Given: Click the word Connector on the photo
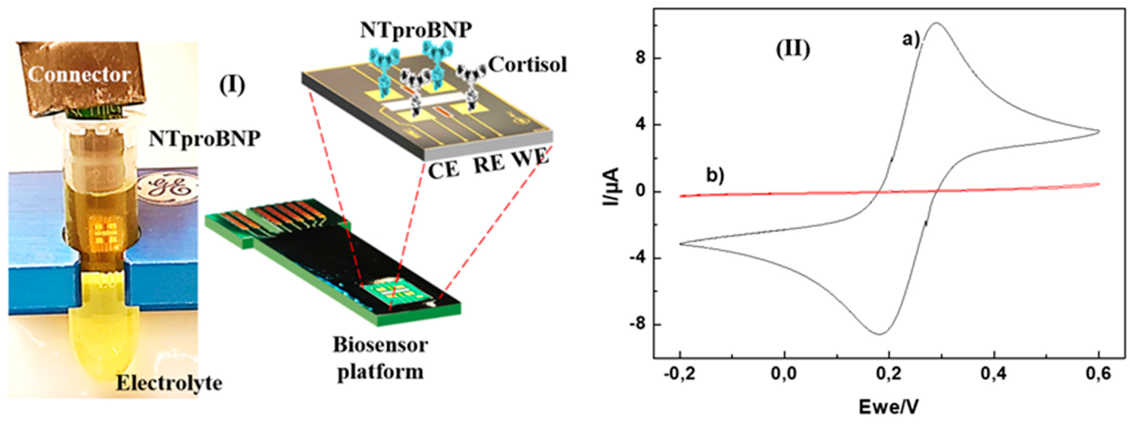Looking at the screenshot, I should click(79, 75).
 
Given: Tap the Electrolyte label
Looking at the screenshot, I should click(169, 383).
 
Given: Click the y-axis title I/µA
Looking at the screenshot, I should click(611, 187).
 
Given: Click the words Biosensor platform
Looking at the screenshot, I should click(380, 358).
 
